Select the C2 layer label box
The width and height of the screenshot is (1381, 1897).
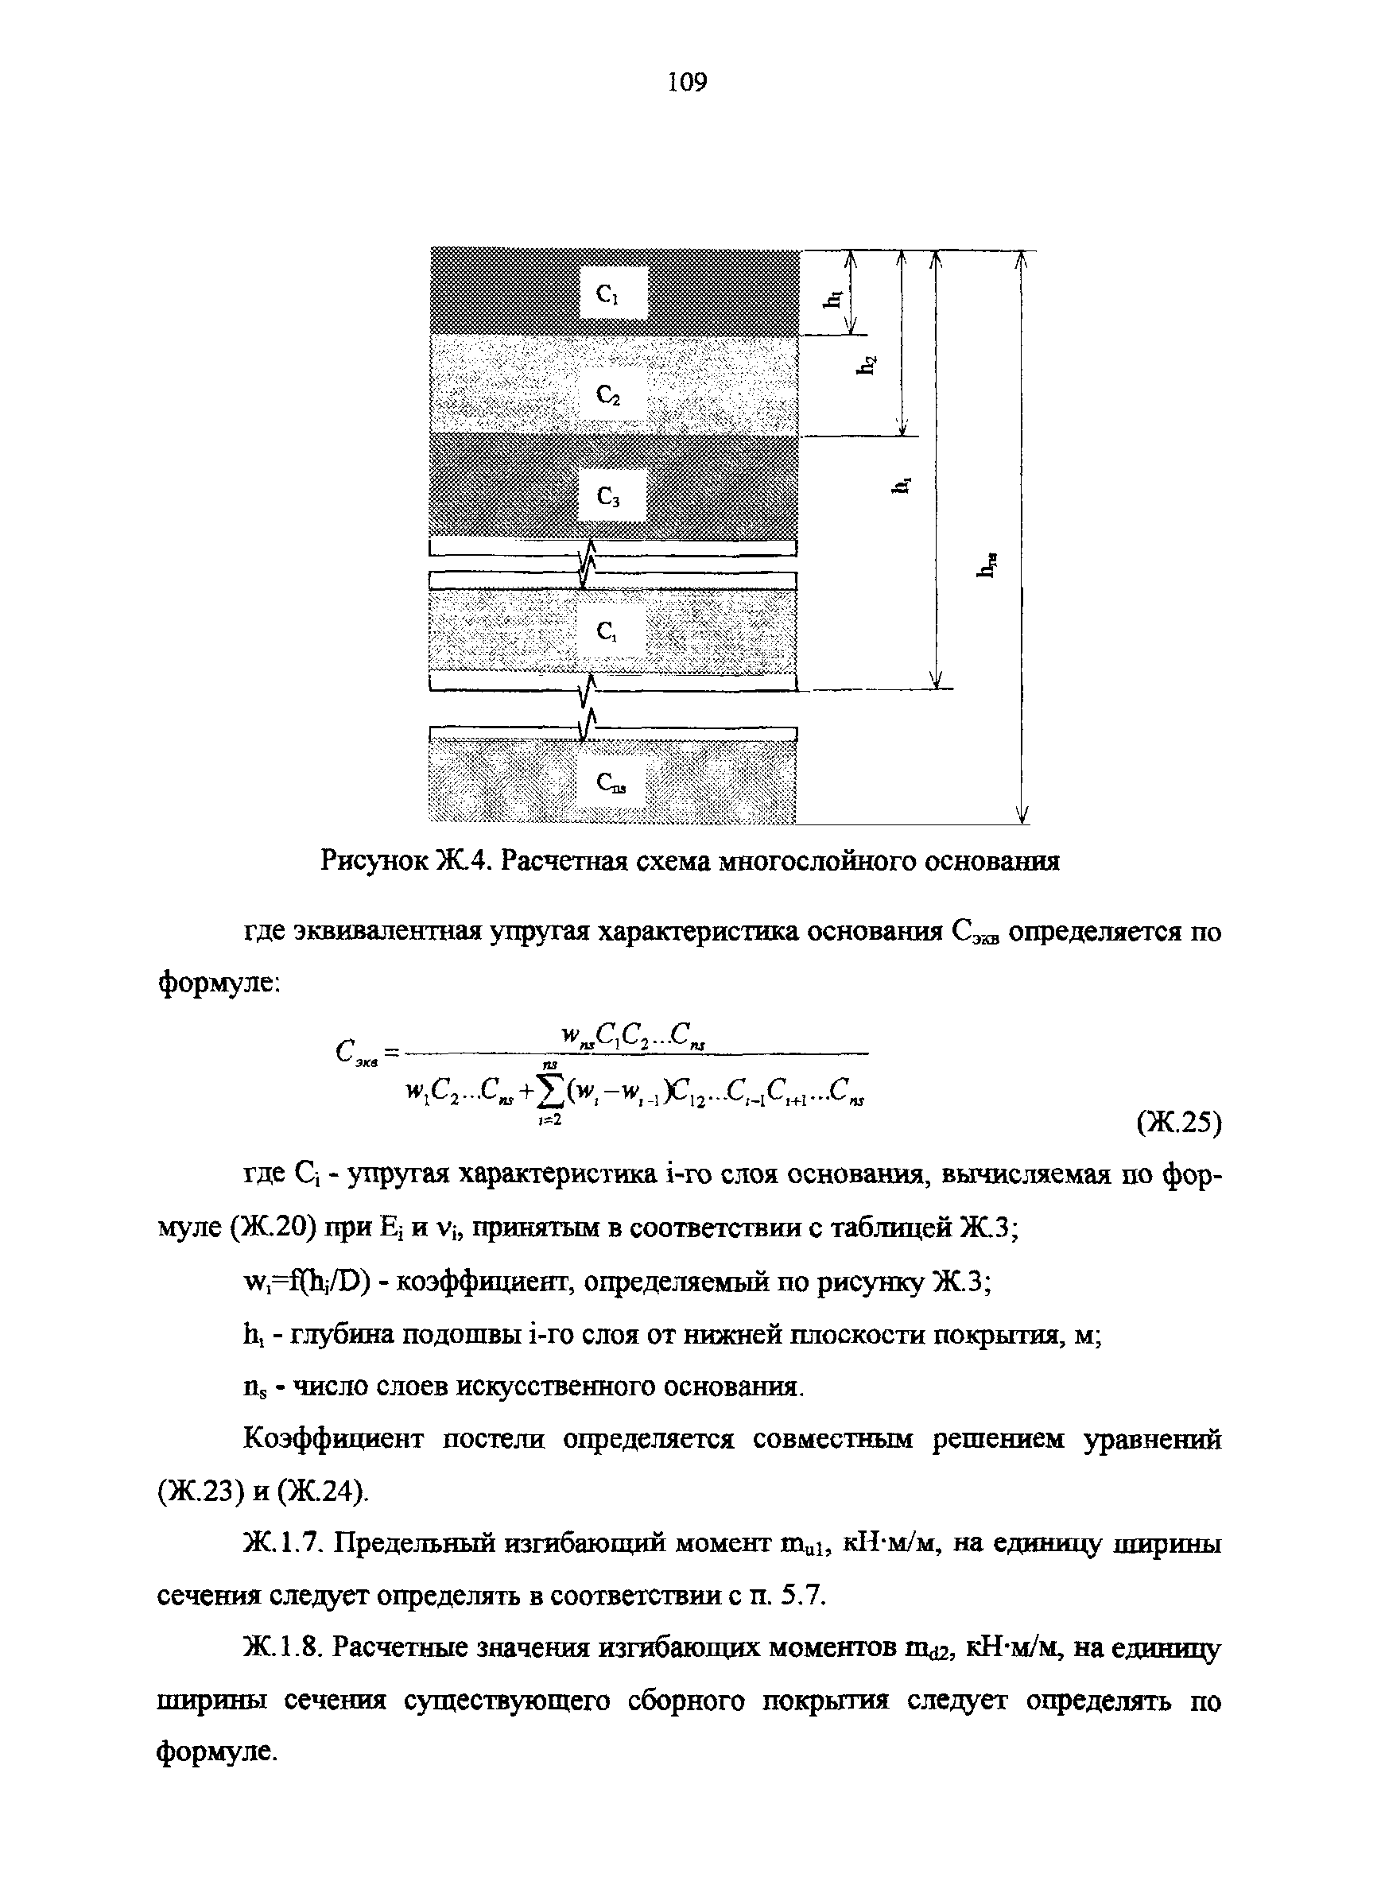611,393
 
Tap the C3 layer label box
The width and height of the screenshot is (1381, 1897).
611,496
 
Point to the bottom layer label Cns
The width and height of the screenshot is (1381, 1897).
611,783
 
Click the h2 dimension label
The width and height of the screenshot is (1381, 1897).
870,366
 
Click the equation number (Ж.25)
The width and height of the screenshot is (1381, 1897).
1178,1125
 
